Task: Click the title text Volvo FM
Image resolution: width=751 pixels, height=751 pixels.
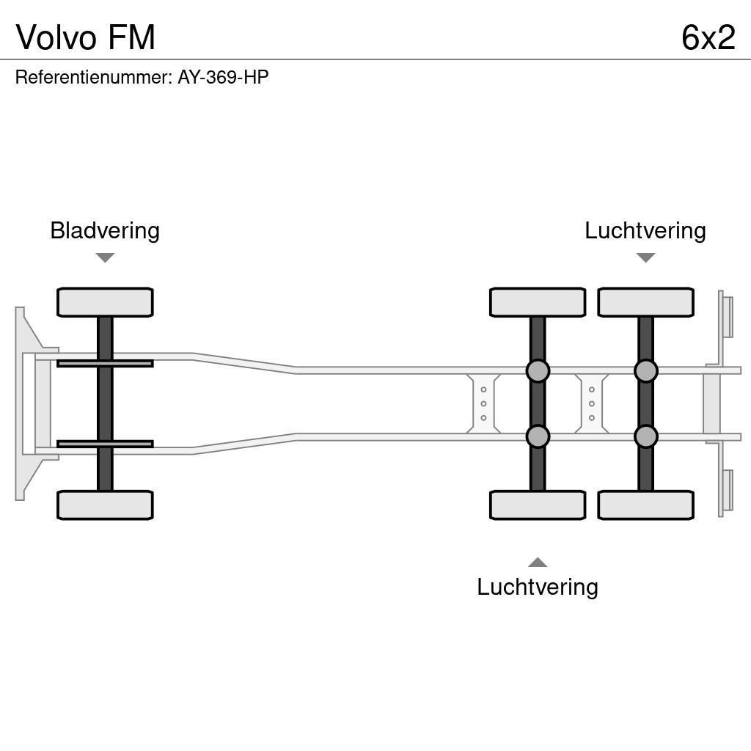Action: [86, 37]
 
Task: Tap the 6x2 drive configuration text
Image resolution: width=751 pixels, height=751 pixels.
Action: [708, 37]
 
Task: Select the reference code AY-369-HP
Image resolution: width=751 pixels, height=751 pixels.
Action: [223, 77]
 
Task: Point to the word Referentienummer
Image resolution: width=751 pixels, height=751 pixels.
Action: [92, 77]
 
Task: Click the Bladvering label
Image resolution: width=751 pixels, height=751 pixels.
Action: [105, 230]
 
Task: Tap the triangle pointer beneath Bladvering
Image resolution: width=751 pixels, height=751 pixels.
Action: [105, 257]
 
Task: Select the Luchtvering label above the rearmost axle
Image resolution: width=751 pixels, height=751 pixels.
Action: [645, 230]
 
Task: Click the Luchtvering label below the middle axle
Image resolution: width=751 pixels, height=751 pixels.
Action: [537, 587]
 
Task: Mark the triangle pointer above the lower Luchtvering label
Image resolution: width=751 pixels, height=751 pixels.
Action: [538, 563]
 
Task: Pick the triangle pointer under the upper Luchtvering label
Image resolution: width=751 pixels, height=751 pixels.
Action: [645, 257]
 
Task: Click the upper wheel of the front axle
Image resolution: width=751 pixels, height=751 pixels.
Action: [105, 302]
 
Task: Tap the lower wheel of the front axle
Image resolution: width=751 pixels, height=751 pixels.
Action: [105, 505]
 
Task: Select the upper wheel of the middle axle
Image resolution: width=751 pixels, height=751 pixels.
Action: [537, 302]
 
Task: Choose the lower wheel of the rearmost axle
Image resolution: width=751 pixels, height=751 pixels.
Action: [645, 505]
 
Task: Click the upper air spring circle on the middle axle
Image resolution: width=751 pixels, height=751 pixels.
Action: [538, 371]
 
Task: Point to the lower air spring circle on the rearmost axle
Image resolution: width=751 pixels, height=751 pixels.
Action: [645, 436]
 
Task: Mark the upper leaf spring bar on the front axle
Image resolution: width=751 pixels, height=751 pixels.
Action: [105, 363]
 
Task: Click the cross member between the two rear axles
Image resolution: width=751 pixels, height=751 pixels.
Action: [591, 403]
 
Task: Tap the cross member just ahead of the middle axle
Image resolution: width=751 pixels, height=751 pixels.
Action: [483, 403]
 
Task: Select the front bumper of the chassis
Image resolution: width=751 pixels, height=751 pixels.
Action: [29, 403]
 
